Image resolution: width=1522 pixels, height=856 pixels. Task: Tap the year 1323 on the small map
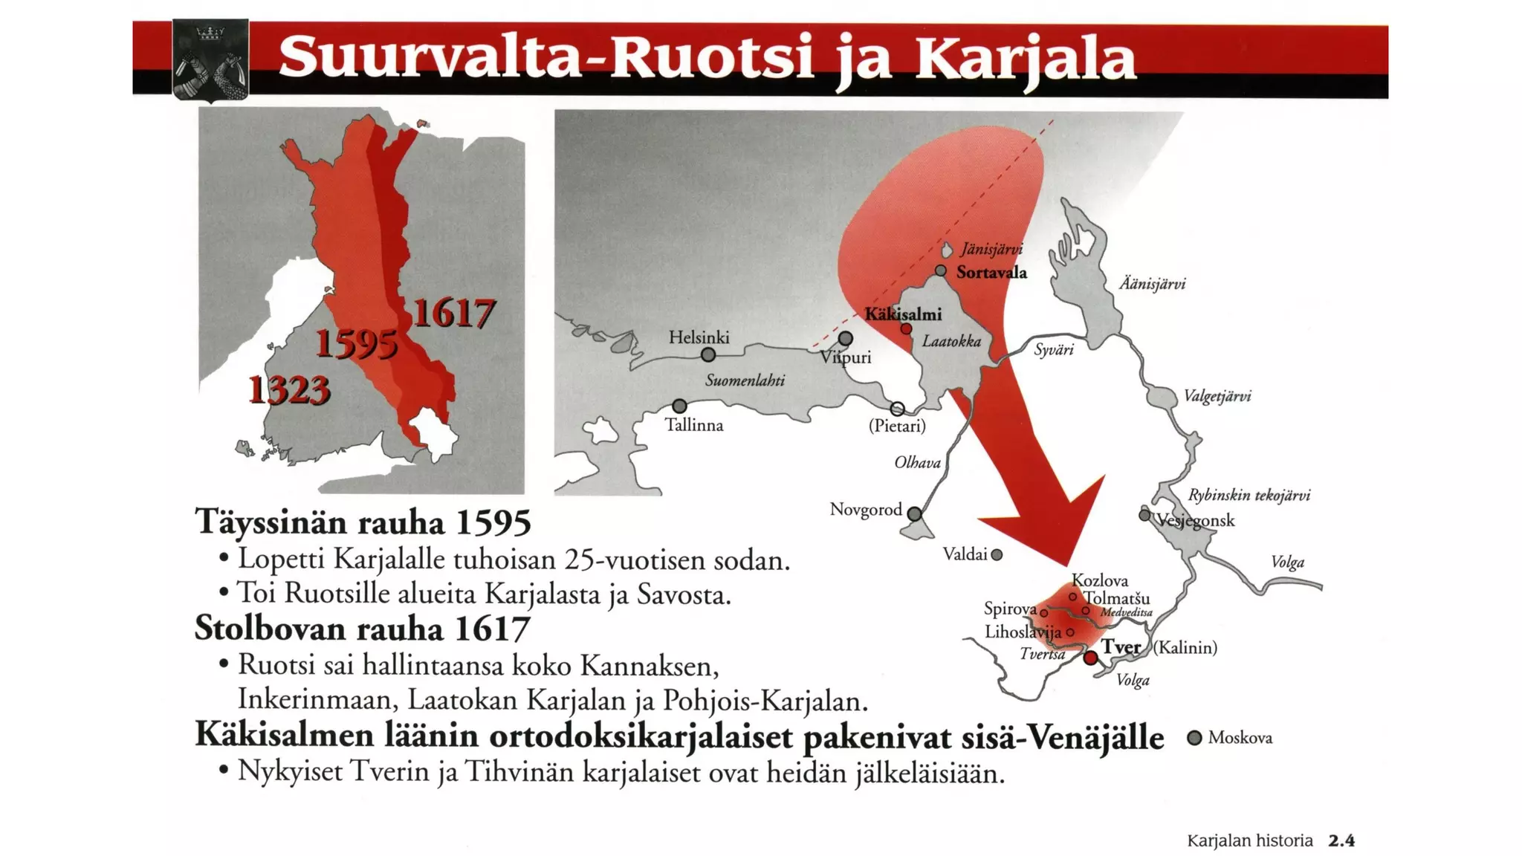coord(289,389)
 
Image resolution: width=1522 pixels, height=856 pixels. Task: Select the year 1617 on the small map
coord(453,313)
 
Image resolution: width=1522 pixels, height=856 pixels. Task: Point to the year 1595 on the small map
coord(357,344)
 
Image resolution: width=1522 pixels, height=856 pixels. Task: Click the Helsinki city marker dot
coord(708,355)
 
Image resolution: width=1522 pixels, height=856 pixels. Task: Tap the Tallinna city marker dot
coord(679,406)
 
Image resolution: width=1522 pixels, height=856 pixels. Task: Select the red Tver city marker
coord(1090,658)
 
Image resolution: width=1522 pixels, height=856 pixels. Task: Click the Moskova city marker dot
coord(1194,738)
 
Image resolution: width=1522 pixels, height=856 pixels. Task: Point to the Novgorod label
coord(866,510)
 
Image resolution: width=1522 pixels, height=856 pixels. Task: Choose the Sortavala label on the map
coord(991,273)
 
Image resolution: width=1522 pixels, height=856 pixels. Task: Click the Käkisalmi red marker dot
coord(906,328)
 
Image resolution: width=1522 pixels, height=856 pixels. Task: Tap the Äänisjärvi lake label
coord(1152,284)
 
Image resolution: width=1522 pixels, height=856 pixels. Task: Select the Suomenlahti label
coord(745,380)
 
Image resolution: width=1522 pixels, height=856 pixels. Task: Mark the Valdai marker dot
coord(997,554)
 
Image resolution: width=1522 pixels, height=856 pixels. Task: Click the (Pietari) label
coord(897,427)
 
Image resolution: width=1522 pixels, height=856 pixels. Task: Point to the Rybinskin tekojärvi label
coord(1249,496)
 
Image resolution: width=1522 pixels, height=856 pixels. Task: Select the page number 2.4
coord(1341,841)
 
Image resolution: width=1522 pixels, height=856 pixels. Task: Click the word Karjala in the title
coord(1026,59)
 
